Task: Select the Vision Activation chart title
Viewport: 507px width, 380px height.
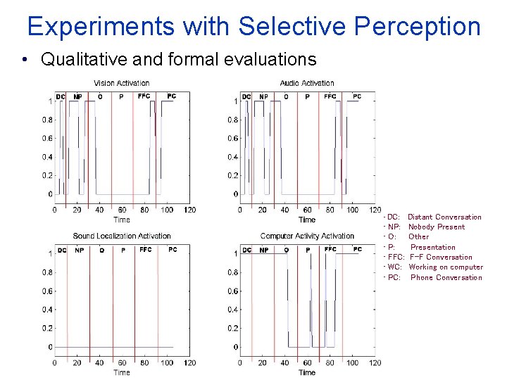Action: (x=121, y=84)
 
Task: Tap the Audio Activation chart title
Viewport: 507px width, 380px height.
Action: (x=307, y=84)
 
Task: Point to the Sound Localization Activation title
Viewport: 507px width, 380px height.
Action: (x=122, y=236)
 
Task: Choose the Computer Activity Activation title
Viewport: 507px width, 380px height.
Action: (x=307, y=236)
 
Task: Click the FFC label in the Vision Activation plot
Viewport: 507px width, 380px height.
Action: (x=144, y=96)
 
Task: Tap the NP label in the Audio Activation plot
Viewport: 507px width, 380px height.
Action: (x=263, y=96)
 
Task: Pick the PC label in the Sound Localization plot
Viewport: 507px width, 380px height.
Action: (x=173, y=249)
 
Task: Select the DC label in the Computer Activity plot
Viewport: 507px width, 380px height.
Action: (x=247, y=250)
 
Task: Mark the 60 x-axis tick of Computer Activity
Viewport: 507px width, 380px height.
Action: (x=307, y=363)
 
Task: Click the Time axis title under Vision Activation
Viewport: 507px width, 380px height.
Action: (x=122, y=220)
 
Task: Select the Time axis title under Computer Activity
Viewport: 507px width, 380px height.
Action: (x=307, y=372)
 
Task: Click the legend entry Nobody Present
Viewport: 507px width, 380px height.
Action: (x=436, y=227)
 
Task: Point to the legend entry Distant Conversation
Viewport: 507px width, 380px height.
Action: (x=444, y=217)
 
